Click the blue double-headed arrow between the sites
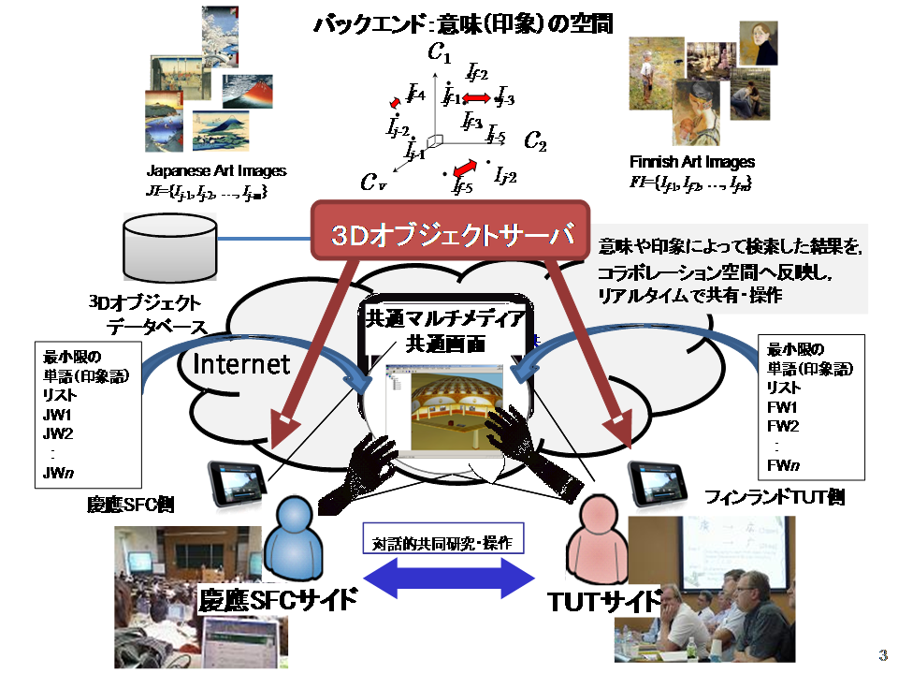pyautogui.click(x=448, y=579)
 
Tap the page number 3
pyautogui.click(x=882, y=653)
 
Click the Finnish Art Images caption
pyautogui.click(x=693, y=162)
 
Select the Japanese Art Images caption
pyautogui.click(x=216, y=171)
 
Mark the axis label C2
pyautogui.click(x=535, y=141)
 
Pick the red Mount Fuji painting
pyautogui.click(x=248, y=92)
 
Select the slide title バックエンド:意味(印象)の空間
pyautogui.click(x=462, y=22)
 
